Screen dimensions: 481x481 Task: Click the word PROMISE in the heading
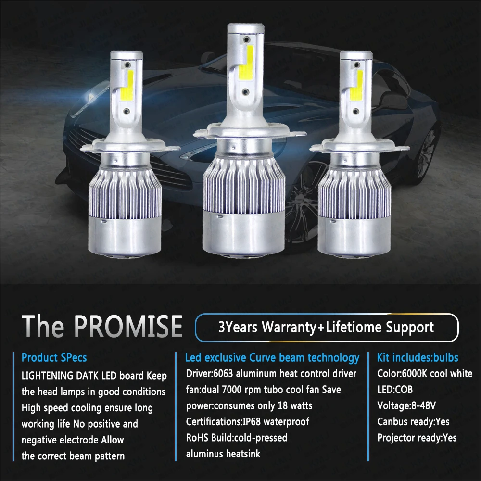tap(128, 326)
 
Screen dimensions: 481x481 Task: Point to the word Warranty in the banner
tap(289, 327)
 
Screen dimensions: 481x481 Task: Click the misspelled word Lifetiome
tap(354, 327)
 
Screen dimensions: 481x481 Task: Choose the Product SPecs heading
tap(54, 358)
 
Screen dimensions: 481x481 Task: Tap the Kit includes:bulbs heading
tap(418, 358)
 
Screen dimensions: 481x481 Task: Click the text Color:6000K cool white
tap(425, 374)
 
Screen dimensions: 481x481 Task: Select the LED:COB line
tap(395, 390)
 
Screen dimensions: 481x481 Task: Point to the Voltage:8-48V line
tap(406, 405)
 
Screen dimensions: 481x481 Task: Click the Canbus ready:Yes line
tap(413, 422)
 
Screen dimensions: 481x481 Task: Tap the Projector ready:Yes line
tap(417, 438)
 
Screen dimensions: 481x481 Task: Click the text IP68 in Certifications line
tap(252, 422)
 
